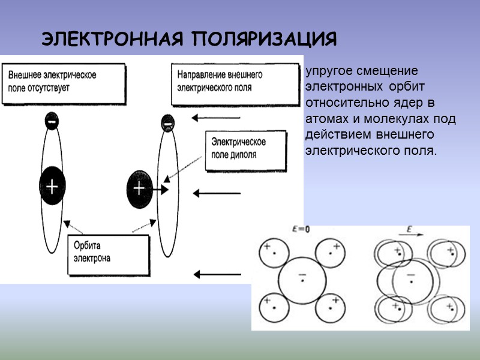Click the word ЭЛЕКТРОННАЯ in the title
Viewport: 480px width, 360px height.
click(114, 40)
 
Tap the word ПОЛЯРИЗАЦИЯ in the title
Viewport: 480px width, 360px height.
click(265, 40)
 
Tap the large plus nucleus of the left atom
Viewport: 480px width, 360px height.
click(52, 187)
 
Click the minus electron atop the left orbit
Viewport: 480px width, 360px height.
click(52, 122)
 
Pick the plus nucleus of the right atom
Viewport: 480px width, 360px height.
click(139, 189)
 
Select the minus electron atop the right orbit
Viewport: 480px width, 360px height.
click(168, 124)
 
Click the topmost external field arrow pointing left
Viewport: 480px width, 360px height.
click(216, 118)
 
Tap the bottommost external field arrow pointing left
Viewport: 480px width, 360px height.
click(216, 275)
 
